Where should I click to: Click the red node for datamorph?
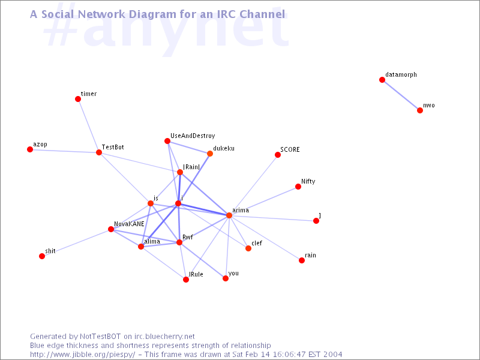(382, 80)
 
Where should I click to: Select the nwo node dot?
(420, 110)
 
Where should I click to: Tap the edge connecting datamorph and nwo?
(401, 95)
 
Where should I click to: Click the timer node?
(78, 99)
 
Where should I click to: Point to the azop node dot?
(30, 149)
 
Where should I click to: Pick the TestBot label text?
(113, 147)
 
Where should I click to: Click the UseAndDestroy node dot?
(167, 141)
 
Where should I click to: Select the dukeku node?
(210, 154)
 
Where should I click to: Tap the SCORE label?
(290, 149)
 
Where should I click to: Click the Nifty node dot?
(298, 187)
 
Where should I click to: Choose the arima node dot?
(229, 215)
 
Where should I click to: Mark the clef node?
(248, 248)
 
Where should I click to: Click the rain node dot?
(302, 260)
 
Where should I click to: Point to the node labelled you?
(226, 278)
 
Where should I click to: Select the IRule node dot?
(186, 280)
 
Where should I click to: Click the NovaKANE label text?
(129, 224)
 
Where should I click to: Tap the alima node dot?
(141, 247)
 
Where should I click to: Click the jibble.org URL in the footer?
(83, 355)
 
